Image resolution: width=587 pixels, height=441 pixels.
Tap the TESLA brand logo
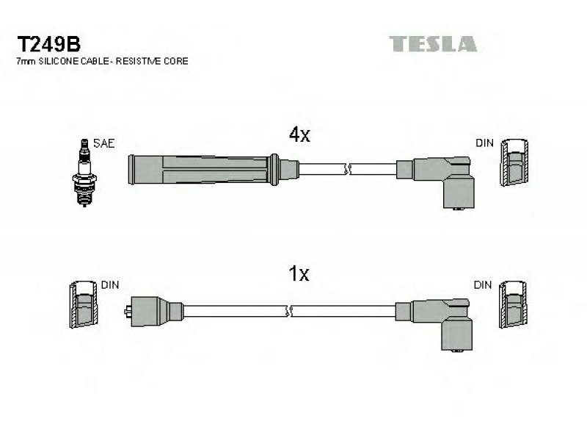pyautogui.click(x=432, y=43)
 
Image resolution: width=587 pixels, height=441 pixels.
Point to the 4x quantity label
pyautogui.click(x=299, y=135)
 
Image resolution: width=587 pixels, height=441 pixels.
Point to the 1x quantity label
pyautogui.click(x=299, y=274)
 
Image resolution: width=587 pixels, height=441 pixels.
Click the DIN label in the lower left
pyautogui.click(x=109, y=284)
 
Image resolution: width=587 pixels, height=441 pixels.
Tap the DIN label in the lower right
pyautogui.click(x=483, y=284)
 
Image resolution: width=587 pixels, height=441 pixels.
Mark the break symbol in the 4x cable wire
pyautogui.click(x=347, y=169)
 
